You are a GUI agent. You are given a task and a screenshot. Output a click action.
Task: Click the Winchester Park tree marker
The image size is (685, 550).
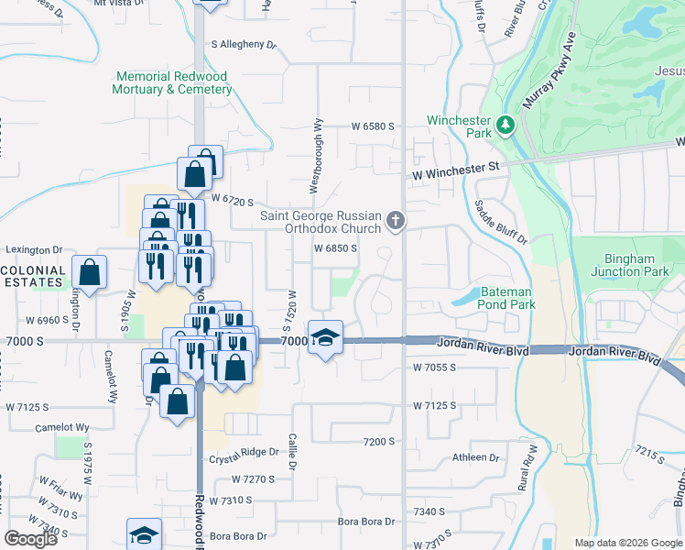pyautogui.click(x=504, y=124)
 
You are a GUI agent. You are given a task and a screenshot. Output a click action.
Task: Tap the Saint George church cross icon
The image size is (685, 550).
pyautogui.click(x=396, y=220)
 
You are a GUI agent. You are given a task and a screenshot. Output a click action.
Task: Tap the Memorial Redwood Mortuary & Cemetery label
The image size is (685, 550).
pyautogui.click(x=172, y=82)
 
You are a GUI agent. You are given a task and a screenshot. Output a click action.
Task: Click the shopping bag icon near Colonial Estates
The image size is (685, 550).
pyautogui.click(x=90, y=272)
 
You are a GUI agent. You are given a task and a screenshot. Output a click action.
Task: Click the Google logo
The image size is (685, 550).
pyautogui.click(x=30, y=539)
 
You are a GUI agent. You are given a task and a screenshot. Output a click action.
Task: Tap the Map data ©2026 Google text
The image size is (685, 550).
pyautogui.click(x=628, y=543)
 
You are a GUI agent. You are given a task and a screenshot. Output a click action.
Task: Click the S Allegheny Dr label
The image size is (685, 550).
pyautogui.click(x=244, y=44)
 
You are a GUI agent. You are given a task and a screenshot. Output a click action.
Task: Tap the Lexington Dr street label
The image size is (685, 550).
pyautogui.click(x=34, y=249)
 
